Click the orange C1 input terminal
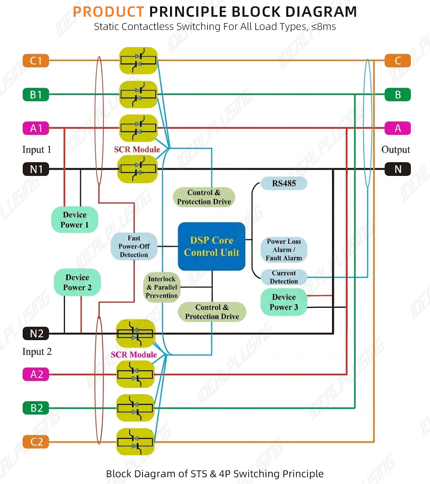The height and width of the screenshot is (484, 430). click(36, 61)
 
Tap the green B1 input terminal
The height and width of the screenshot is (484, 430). click(36, 94)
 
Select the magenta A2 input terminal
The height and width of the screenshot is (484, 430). click(36, 374)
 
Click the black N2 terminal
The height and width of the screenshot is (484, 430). click(36, 333)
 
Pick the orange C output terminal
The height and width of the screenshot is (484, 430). click(398, 61)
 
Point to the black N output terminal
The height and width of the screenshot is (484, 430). click(398, 169)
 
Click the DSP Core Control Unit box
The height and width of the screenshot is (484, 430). click(212, 246)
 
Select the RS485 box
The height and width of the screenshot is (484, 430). click(284, 183)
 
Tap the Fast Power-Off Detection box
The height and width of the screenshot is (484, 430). click(134, 246)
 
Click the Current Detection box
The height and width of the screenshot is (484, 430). click(284, 277)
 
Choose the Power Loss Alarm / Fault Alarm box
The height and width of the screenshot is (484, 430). click(284, 250)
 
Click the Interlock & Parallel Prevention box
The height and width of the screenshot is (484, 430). click(162, 287)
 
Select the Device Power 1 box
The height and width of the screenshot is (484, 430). click(75, 220)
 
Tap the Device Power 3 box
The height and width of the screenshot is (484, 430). click(284, 302)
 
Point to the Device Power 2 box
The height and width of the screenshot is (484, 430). click(77, 282)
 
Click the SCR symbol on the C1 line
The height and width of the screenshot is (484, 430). click(139, 61)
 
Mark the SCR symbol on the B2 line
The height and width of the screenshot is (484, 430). click(135, 408)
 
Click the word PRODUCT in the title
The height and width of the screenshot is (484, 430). click(109, 12)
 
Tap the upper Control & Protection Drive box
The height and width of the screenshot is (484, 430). click(204, 197)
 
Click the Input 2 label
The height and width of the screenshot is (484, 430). click(37, 352)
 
